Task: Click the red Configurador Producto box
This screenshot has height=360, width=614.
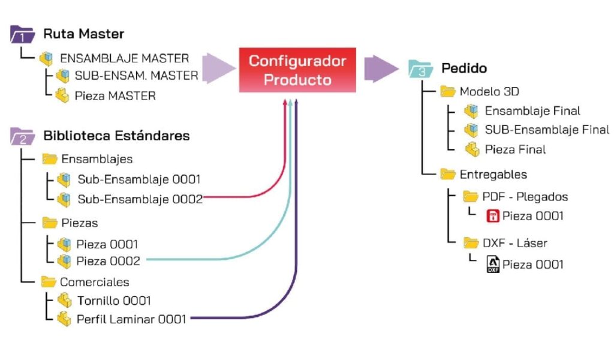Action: (x=297, y=70)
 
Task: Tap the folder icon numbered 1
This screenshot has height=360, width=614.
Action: (x=22, y=34)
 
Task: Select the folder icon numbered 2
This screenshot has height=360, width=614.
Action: (x=22, y=136)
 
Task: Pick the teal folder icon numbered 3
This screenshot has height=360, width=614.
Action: (x=420, y=69)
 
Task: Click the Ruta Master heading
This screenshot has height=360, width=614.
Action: (x=83, y=34)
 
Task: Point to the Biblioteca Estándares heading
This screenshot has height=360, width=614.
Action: (x=116, y=136)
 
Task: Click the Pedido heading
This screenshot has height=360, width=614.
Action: (x=464, y=68)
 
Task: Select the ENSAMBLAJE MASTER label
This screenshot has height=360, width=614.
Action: (x=125, y=58)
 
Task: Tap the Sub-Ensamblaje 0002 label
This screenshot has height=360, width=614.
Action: (x=140, y=199)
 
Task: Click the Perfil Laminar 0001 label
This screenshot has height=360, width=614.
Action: (x=131, y=319)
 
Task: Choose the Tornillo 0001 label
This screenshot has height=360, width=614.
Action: (x=114, y=301)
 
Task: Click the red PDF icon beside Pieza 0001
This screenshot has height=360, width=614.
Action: (x=493, y=216)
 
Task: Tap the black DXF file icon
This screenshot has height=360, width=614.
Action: (x=493, y=265)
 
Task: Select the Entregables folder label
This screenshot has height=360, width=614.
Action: (x=493, y=175)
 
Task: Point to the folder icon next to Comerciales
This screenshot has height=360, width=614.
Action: (x=49, y=281)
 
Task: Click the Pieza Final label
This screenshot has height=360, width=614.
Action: (x=515, y=149)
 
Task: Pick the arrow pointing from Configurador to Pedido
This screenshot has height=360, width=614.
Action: (x=381, y=69)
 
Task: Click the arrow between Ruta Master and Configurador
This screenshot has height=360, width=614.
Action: (x=219, y=68)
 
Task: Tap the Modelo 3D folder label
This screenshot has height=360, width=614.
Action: (x=489, y=92)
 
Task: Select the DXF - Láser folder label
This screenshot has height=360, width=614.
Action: (x=514, y=243)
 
